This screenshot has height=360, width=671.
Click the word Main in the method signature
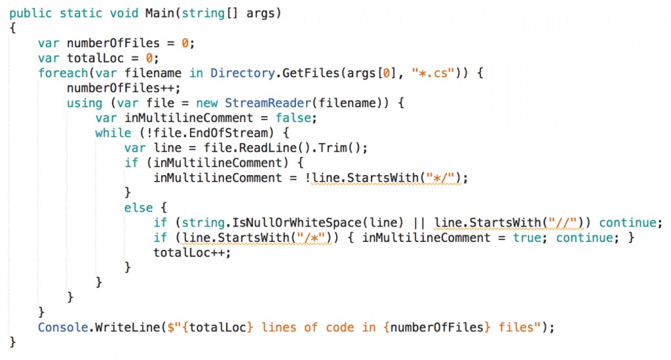159,13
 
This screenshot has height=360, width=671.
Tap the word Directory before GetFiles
242,73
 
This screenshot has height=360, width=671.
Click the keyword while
113,133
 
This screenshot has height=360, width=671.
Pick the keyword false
293,118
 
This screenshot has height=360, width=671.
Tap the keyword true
527,238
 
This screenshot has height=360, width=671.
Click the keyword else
138,208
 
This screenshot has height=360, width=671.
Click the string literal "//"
563,223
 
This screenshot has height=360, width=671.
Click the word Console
63,328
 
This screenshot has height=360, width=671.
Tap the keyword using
85,104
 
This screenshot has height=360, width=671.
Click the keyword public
30,14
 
